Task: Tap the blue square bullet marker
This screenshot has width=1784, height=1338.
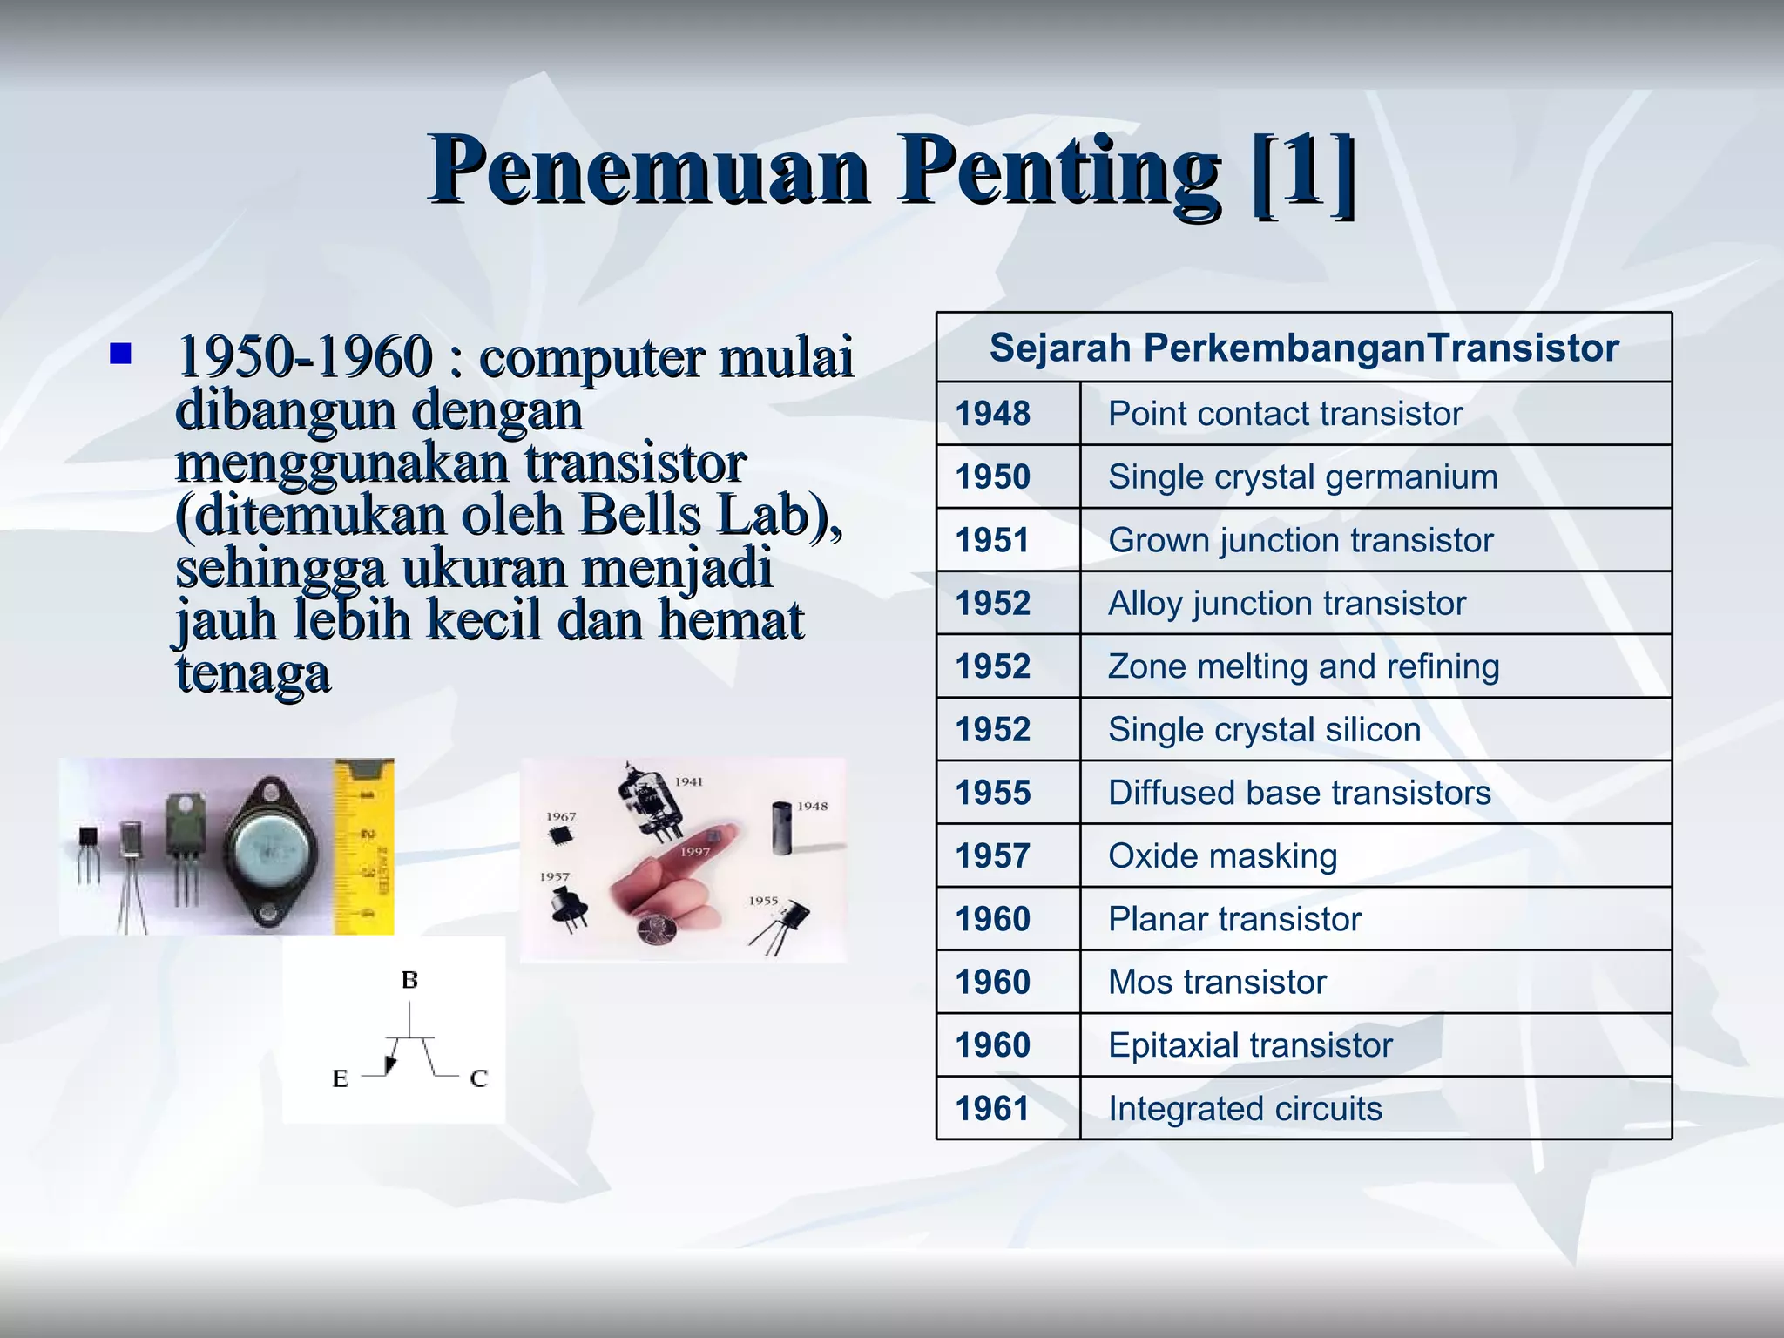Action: tap(120, 354)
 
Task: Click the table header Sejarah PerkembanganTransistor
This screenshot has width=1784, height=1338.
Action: tap(1304, 348)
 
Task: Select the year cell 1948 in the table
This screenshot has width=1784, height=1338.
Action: tap(993, 414)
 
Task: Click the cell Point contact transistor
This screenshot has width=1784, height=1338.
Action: tap(1285, 414)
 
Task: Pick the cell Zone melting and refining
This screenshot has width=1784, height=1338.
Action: tap(1303, 666)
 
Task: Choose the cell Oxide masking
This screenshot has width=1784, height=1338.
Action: tap(1222, 856)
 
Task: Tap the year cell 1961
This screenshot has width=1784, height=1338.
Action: tap(993, 1109)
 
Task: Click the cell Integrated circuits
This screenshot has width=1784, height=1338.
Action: tap(1245, 1109)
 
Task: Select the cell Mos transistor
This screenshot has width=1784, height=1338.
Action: tap(1217, 983)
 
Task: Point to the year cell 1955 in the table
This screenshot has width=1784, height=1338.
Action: tap(993, 793)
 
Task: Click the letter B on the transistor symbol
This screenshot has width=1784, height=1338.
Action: tap(409, 981)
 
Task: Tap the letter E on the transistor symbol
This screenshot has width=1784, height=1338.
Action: tap(341, 1079)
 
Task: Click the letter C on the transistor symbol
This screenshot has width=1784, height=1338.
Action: tap(478, 1079)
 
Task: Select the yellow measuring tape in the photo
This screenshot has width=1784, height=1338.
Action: tap(364, 845)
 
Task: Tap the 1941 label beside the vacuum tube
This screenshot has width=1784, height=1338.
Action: tap(688, 781)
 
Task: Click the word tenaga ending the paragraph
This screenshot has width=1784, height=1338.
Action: tap(253, 673)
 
